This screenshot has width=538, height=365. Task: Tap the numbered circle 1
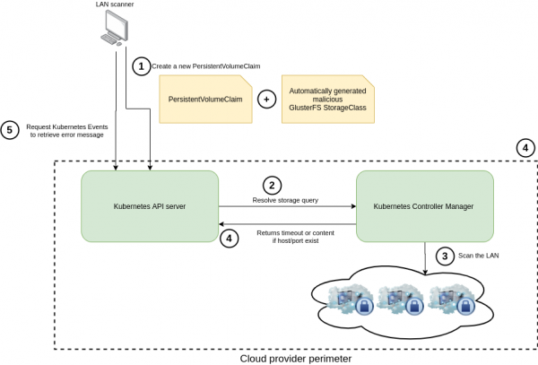pyautogui.click(x=140, y=65)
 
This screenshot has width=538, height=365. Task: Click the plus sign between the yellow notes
pyautogui.click(x=266, y=99)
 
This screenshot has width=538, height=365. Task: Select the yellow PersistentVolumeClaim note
pyautogui.click(x=204, y=100)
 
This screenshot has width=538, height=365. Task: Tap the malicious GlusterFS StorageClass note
pyautogui.click(x=325, y=99)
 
